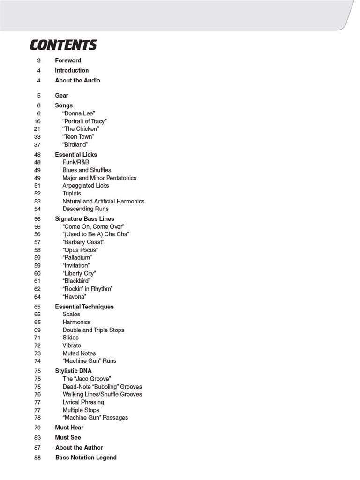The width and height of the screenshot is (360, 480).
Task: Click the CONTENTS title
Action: (x=63, y=45)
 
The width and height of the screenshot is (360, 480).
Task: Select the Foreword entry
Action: (x=68, y=60)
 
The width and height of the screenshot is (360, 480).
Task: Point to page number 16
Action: (x=37, y=121)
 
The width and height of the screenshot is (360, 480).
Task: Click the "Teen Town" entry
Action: (x=78, y=137)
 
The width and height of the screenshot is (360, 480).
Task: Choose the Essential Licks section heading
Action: (x=76, y=154)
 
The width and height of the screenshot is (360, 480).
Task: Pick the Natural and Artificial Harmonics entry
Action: (x=103, y=201)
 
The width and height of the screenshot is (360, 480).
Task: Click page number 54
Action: (x=37, y=209)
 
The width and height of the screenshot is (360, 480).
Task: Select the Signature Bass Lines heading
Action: (x=84, y=219)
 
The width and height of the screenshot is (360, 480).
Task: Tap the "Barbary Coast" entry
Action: (x=83, y=242)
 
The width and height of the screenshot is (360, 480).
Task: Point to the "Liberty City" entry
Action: (x=79, y=273)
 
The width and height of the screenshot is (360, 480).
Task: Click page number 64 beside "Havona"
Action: (x=37, y=297)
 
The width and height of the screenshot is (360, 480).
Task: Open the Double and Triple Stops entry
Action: (x=93, y=330)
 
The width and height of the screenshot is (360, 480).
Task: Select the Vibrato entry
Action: (x=72, y=345)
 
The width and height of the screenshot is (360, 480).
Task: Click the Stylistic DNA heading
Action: (x=73, y=371)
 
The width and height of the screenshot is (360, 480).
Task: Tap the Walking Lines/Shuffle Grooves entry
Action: (x=102, y=394)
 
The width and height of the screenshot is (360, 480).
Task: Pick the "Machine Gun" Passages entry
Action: (x=95, y=418)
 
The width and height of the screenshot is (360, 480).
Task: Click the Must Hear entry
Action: (x=69, y=427)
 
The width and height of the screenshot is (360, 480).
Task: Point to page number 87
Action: (x=37, y=448)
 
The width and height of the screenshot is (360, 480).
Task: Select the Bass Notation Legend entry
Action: (x=86, y=457)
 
